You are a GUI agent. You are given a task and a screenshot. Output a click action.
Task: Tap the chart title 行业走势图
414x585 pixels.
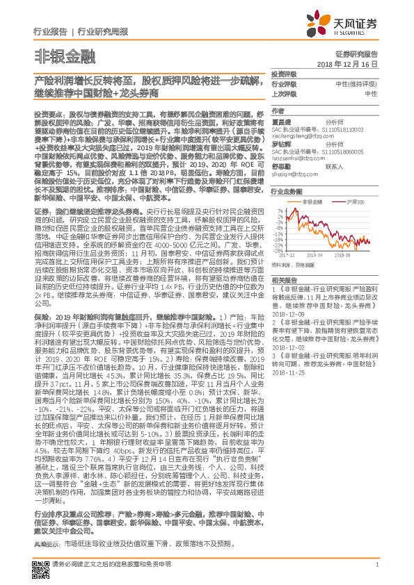coord(286,190)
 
